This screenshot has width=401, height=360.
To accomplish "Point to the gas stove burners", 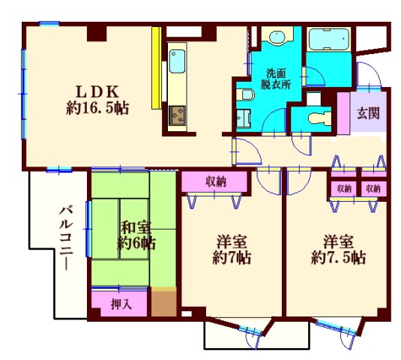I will click(178, 115).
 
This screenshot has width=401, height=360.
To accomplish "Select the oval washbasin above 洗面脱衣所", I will click(277, 37).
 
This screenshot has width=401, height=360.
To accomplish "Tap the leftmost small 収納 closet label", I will click(344, 188).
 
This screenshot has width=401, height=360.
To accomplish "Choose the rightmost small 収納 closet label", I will click(373, 188).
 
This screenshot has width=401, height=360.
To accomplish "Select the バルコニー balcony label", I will click(66, 236).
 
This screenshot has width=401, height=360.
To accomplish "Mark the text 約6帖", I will click(136, 242).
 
